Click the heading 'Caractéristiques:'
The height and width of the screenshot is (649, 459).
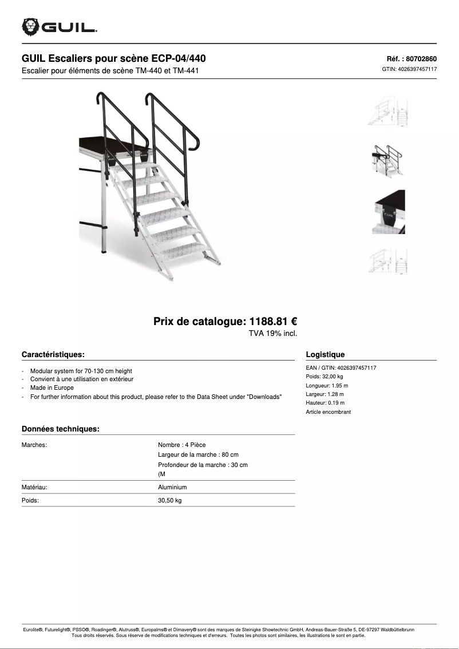[x=53, y=354]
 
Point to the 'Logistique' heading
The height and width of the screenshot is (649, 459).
[x=325, y=354]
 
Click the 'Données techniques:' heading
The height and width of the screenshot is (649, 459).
[x=61, y=429]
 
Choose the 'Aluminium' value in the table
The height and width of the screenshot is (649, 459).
[x=172, y=487]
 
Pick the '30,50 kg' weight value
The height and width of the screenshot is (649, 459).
[x=169, y=501]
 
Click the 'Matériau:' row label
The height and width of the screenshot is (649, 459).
[x=34, y=487]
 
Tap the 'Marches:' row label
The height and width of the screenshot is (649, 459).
[x=34, y=445]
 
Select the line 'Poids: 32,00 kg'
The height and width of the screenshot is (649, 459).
[x=325, y=377]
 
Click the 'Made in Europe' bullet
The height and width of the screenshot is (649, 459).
[x=52, y=387]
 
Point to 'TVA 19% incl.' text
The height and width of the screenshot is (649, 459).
[x=272, y=333]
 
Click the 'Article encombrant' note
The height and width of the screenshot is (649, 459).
[x=329, y=411]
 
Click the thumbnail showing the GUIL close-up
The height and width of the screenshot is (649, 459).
[x=389, y=212]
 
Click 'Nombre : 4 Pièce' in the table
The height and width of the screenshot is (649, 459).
[x=181, y=445]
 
